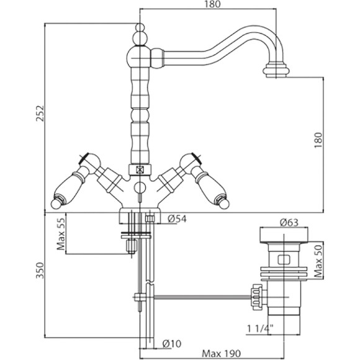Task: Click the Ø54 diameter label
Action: pyautogui.click(x=178, y=218)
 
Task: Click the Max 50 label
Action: pyautogui.click(x=318, y=260)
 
